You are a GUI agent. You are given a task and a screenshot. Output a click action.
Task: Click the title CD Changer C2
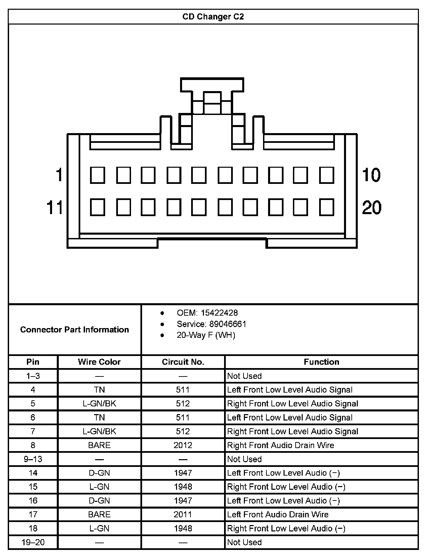click(213, 16)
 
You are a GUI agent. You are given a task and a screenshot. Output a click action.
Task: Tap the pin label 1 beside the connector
click(59, 175)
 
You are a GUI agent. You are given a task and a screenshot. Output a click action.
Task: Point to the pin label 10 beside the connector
click(371, 175)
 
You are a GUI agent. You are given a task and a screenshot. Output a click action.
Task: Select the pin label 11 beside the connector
click(55, 207)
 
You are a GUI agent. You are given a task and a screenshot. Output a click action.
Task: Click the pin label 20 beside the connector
click(372, 207)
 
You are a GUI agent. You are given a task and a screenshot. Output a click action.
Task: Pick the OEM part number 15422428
click(219, 313)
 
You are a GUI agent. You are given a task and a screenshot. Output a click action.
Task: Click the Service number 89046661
click(228, 324)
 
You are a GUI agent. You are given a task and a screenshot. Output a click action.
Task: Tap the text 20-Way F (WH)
click(206, 335)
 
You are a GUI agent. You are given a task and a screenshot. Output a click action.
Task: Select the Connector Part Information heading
click(75, 329)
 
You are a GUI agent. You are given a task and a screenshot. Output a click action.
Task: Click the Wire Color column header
click(99, 362)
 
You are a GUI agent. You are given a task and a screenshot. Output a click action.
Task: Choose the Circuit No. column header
click(183, 362)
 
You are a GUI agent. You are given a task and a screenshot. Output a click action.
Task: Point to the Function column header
click(321, 362)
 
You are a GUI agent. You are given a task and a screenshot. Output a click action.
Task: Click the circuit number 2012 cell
click(183, 445)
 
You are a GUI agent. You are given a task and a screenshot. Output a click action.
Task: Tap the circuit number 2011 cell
click(183, 514)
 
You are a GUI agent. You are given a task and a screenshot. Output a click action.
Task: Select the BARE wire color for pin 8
click(99, 445)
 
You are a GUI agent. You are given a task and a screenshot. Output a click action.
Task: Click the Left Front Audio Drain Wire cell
click(278, 514)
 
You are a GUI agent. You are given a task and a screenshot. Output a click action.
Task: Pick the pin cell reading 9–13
click(33, 459)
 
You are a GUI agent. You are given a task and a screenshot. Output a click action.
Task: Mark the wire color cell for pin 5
click(99, 403)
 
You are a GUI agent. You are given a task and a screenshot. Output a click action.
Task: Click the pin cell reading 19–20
click(33, 542)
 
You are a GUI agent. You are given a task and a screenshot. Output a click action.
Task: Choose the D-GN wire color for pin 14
click(99, 473)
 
